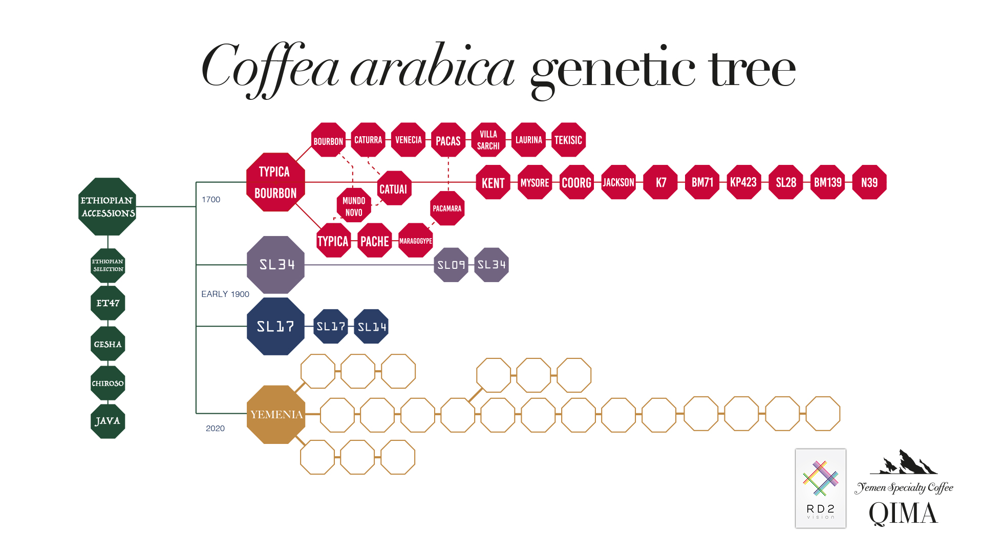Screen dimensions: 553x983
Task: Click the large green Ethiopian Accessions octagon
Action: click(x=108, y=206)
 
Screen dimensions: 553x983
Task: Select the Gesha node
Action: click(x=108, y=344)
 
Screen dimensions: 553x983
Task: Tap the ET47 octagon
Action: click(x=108, y=303)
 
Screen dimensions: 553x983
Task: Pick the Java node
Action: click(x=108, y=421)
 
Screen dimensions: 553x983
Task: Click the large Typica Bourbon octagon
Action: click(x=275, y=182)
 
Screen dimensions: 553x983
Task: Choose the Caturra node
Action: click(x=368, y=140)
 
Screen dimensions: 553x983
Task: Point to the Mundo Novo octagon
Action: click(x=354, y=206)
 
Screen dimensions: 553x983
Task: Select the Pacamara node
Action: click(x=447, y=208)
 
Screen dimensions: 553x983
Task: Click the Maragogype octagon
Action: click(x=416, y=241)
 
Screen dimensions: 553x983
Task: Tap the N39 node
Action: click(x=869, y=182)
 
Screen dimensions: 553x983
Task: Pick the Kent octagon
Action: click(x=493, y=183)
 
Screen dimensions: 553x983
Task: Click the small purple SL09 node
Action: click(x=451, y=265)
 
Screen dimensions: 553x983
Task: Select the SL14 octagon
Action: click(x=372, y=326)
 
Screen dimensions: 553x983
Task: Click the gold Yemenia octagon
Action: click(x=276, y=414)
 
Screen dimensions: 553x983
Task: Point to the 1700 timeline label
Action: click(x=211, y=200)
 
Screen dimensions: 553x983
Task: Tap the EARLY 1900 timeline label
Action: click(x=225, y=294)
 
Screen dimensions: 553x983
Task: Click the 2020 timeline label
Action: click(x=215, y=429)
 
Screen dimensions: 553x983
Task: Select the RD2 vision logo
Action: click(x=821, y=488)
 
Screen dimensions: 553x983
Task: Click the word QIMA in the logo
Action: click(x=903, y=514)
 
